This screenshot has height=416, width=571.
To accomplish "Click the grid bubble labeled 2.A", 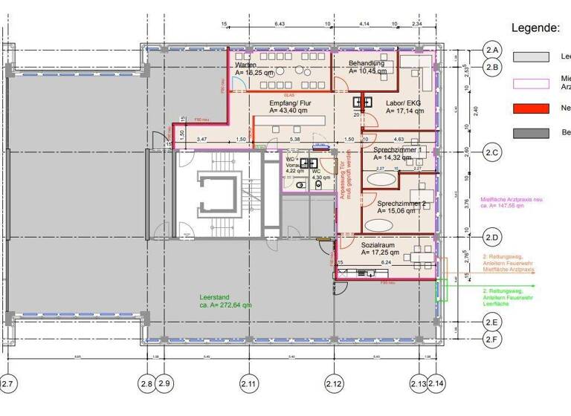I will pyautogui.click(x=492, y=51).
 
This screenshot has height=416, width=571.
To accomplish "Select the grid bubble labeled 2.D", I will pyautogui.click(x=492, y=238).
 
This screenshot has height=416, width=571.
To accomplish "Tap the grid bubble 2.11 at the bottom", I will pyautogui.click(x=249, y=384).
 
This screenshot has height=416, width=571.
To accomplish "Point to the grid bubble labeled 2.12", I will pyautogui.click(x=334, y=384).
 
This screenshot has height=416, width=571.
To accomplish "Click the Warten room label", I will pyautogui.click(x=246, y=65).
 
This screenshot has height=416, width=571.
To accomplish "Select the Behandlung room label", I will pyautogui.click(x=367, y=64).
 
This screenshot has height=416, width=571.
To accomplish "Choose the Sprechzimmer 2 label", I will pyautogui.click(x=401, y=204).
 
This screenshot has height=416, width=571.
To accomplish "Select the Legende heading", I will pyautogui.click(x=535, y=28).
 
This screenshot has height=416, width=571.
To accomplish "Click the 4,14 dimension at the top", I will pyautogui.click(x=364, y=25).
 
